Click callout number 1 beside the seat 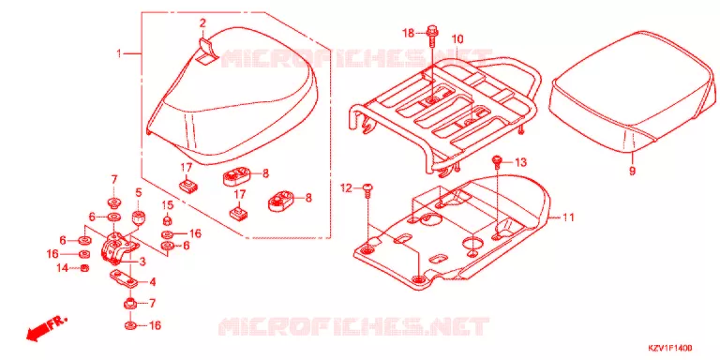(119, 53)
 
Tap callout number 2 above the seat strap (202, 22)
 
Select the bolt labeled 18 (432, 36)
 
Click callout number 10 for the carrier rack (457, 38)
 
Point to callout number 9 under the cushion (632, 171)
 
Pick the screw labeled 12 (367, 189)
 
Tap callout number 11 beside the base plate (568, 217)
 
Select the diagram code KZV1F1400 (670, 348)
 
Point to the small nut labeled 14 (84, 268)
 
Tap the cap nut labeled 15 (168, 219)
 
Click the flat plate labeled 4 (122, 277)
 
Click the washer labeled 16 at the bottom (129, 326)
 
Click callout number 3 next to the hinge (142, 262)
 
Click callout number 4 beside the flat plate (153, 282)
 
